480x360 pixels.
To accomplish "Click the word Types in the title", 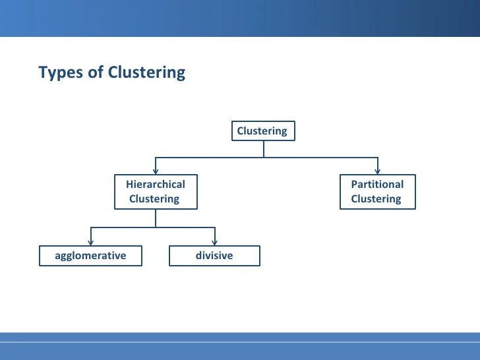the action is [61, 73].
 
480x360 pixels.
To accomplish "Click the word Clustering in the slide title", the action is [146, 73].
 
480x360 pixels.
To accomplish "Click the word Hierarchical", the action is [156, 185].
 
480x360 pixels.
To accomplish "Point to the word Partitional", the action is [377, 185].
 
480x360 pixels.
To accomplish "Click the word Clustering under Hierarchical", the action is [154, 198].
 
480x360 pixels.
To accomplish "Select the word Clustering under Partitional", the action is [376, 198].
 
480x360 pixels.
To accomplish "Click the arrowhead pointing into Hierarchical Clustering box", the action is [156, 171].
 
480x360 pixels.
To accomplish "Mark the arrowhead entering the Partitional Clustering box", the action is [378, 171].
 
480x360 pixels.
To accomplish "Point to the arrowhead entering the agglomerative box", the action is [90, 242].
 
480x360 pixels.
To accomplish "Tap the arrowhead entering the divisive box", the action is [215, 242].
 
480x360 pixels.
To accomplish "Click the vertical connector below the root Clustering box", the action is [264, 149].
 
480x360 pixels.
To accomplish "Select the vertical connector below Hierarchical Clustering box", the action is [156, 218].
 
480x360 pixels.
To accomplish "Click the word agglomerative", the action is [90, 256].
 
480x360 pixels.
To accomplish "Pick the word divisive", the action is [214, 255].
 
